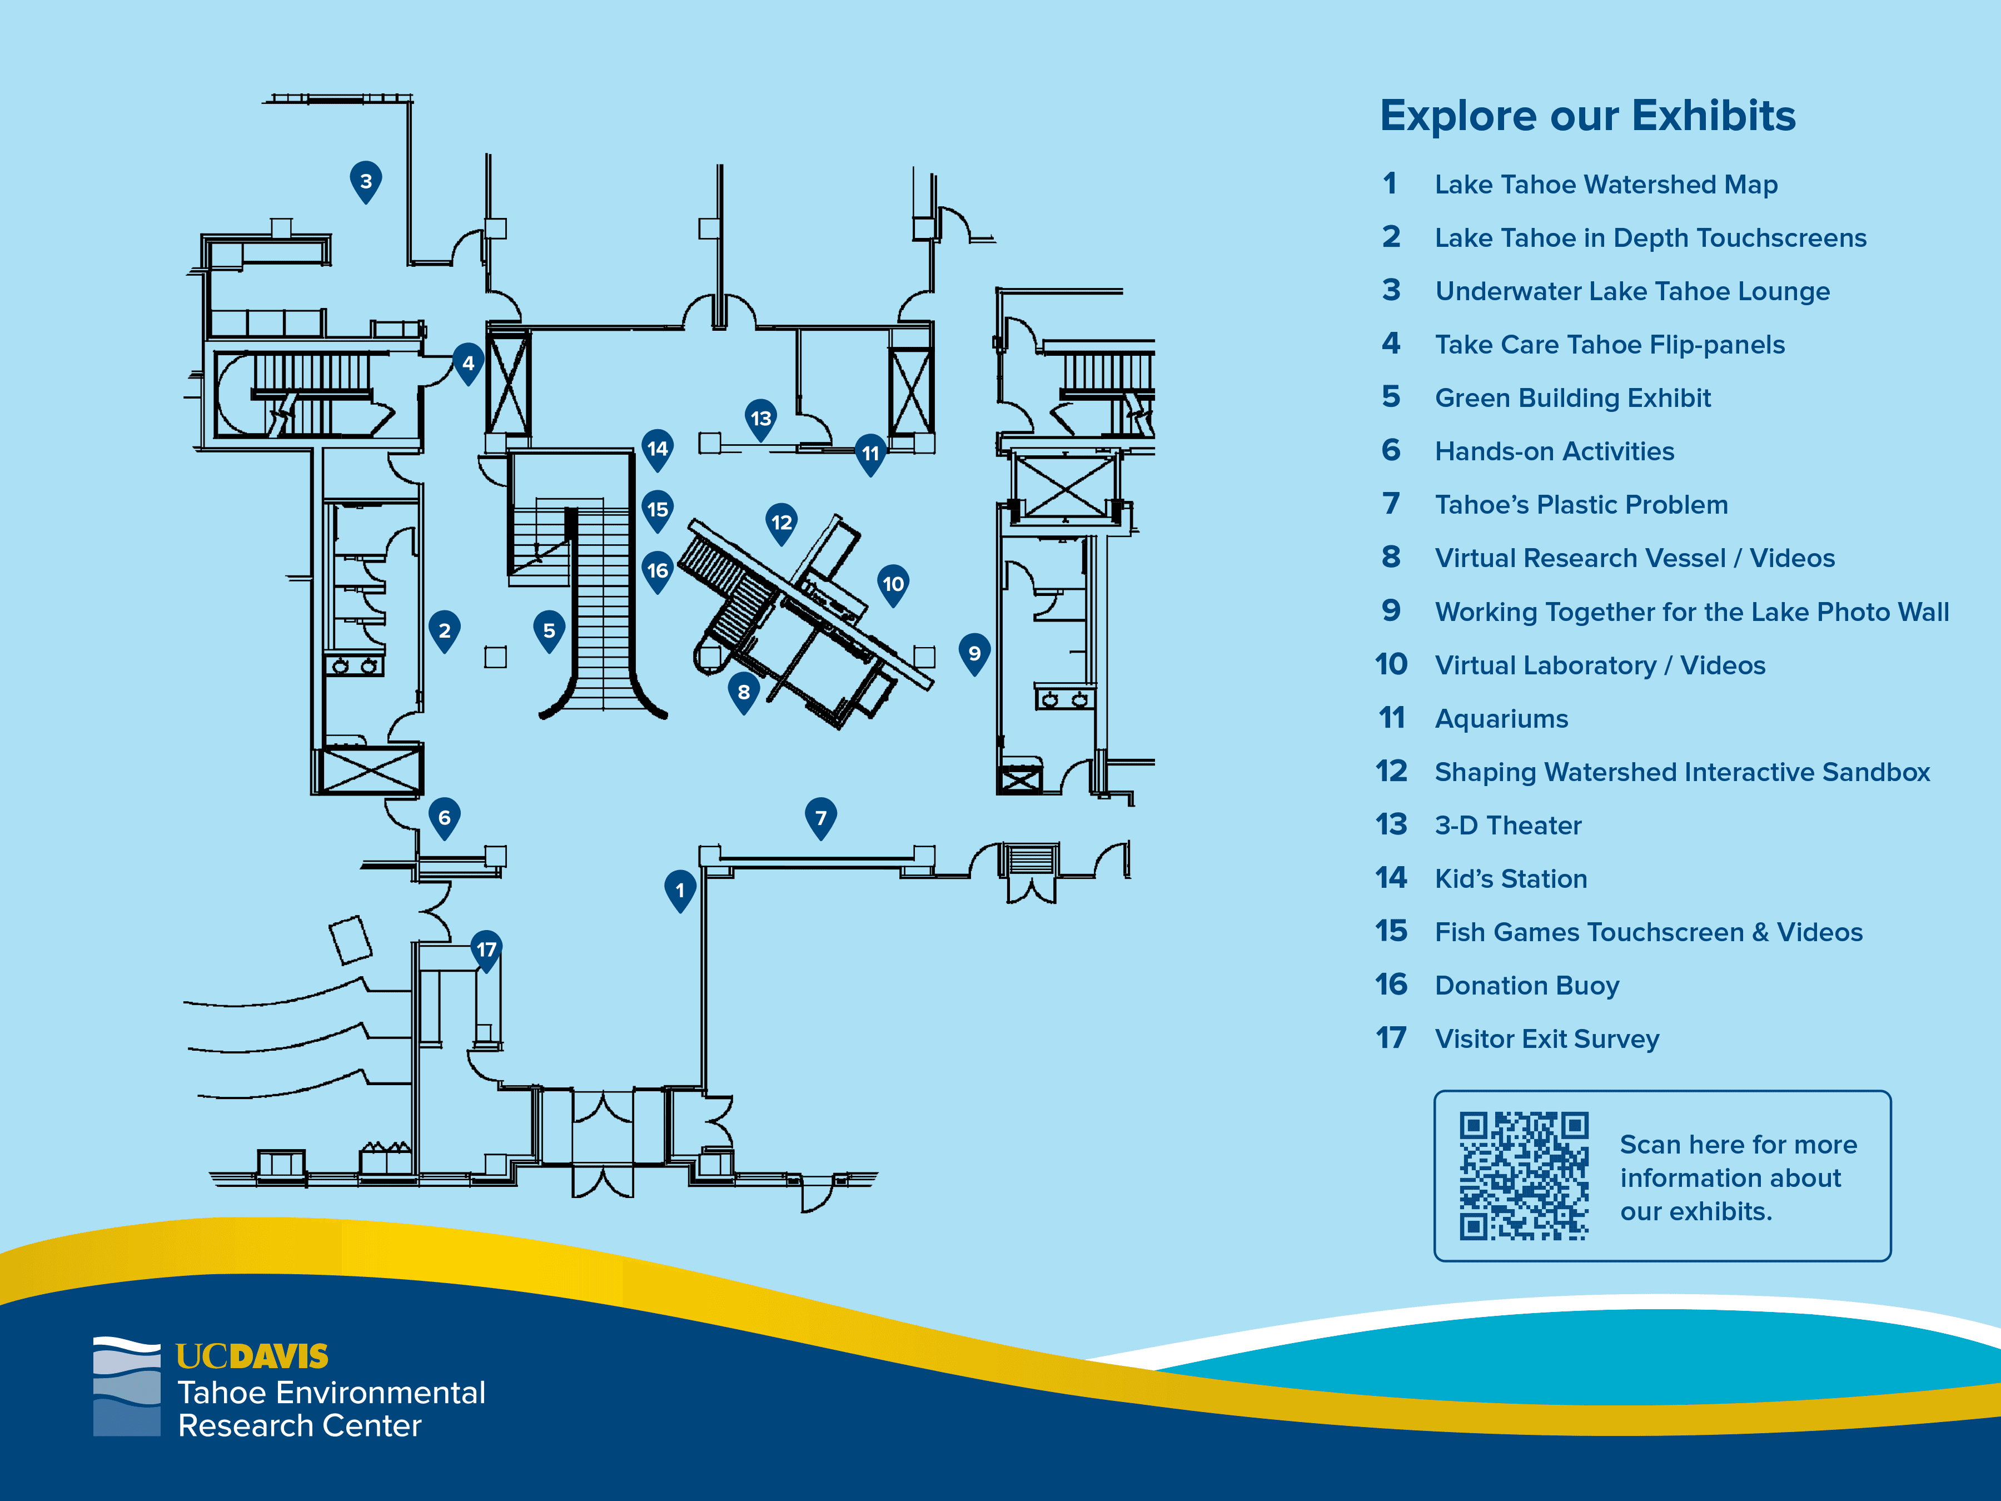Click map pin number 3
[x=366, y=181]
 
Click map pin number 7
[x=820, y=818]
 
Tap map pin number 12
[x=782, y=522]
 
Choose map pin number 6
[x=444, y=818]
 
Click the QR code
[x=1524, y=1175]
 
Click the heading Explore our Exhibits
[x=1587, y=116]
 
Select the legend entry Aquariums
[x=1502, y=718]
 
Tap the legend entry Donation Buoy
[x=1527, y=985]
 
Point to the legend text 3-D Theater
[x=1508, y=825]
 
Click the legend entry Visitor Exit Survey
[x=1547, y=1038]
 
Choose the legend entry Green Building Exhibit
[x=1572, y=398]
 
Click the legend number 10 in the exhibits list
[x=1391, y=665]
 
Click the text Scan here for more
[x=1738, y=1145]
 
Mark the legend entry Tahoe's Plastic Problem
[x=1581, y=505]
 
